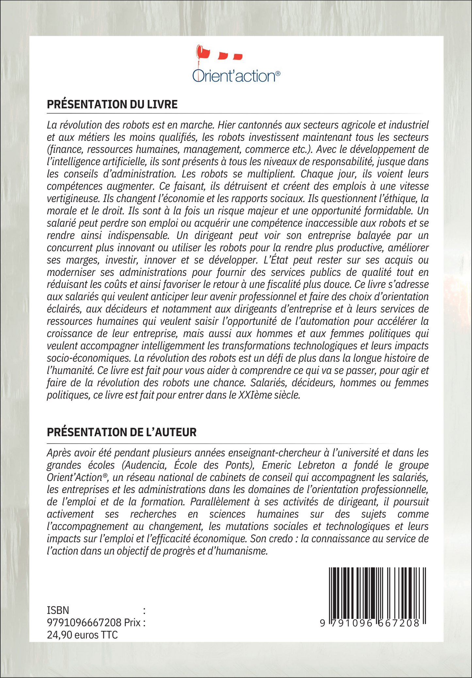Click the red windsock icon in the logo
tap(203, 53)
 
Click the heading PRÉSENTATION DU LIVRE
tap(112, 104)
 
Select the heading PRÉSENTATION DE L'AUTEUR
tap(122, 432)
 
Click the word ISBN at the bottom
tap(58, 610)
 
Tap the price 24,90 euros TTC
tap(82, 635)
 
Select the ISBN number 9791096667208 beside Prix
tap(84, 622)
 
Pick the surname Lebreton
tap(316, 465)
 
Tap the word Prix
tap(132, 622)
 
